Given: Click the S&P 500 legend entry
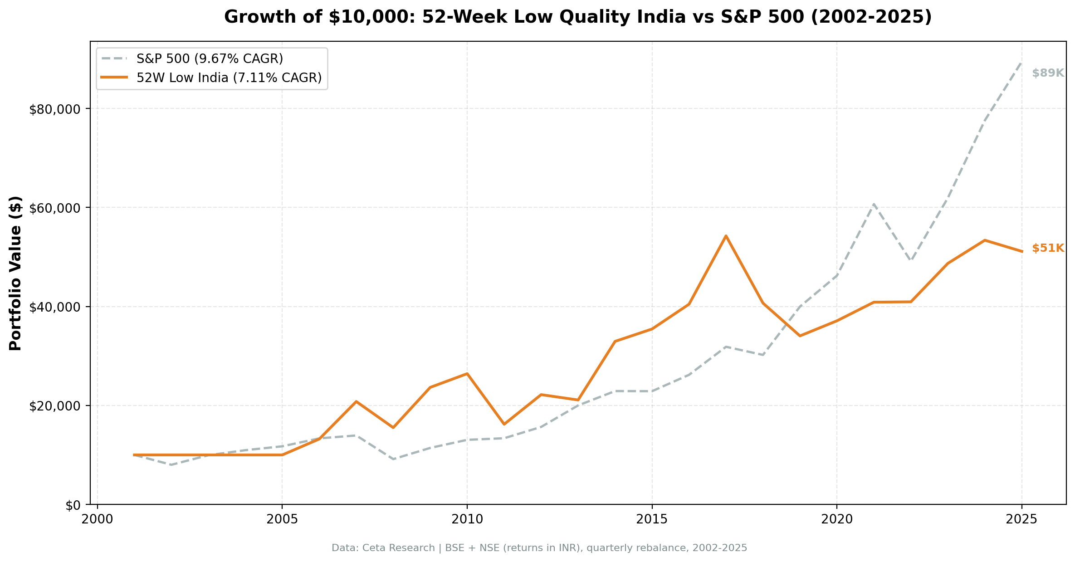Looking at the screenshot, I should point(210,59).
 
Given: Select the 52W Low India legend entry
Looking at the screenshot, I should point(229,78).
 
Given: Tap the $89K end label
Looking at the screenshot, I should point(1048,73).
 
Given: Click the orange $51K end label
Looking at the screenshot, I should point(1048,248).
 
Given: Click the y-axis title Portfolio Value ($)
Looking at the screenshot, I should point(15,273).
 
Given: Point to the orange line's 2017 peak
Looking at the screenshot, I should point(726,236).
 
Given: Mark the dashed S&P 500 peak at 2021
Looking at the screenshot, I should point(874,205).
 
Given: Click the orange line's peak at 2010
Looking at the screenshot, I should point(467,374).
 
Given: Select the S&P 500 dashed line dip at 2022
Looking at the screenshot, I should point(910,260).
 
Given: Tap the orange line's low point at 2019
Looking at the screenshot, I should point(800,336).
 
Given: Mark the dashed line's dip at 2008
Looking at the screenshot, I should point(393,459).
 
